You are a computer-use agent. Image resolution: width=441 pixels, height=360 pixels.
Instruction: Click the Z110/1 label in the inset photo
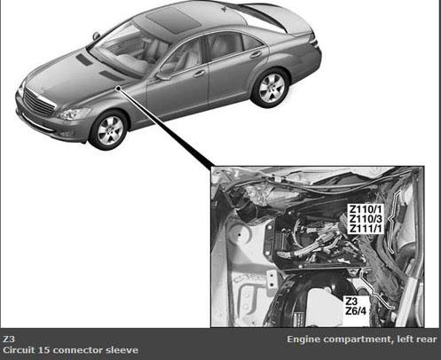pos(366,209)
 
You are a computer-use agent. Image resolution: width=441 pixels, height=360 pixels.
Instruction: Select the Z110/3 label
pos(366,219)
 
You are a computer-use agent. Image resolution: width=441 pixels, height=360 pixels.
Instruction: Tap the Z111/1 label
pos(366,229)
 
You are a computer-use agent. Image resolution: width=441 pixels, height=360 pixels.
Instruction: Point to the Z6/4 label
pos(356,311)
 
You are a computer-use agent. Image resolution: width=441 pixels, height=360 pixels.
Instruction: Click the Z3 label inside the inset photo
pos(351,301)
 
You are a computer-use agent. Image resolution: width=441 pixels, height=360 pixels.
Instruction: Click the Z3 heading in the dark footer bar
pos(9,339)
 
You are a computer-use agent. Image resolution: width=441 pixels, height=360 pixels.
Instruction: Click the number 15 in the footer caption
pos(44,350)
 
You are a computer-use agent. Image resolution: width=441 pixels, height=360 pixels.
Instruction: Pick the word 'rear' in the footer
pos(427,340)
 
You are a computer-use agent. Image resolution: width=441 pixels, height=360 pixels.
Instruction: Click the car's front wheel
pos(109,129)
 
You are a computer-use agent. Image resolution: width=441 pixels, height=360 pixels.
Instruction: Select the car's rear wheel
pos(271,88)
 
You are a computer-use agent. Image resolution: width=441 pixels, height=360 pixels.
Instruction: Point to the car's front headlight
pos(75,113)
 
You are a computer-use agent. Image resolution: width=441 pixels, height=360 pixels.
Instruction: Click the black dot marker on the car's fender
pos(118,88)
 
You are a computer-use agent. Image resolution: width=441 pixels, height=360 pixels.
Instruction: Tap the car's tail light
pos(314,42)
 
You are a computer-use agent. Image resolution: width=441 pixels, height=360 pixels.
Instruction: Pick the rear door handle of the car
pos(256,55)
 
